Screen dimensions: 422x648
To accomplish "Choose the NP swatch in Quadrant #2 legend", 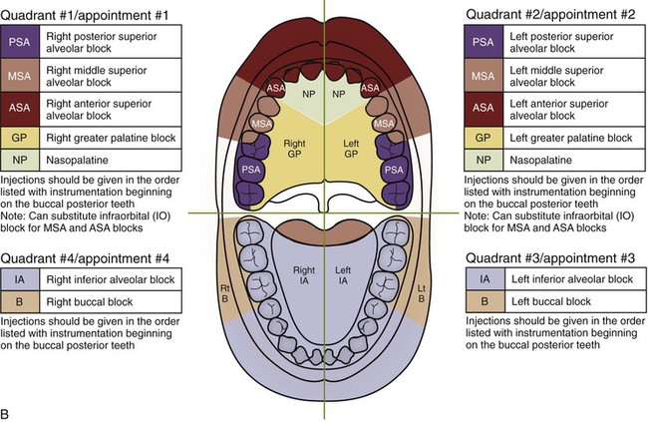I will click(x=482, y=159).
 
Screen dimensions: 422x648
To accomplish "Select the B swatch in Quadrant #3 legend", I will click(x=482, y=299).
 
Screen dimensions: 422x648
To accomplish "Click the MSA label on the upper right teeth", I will click(x=262, y=122).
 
